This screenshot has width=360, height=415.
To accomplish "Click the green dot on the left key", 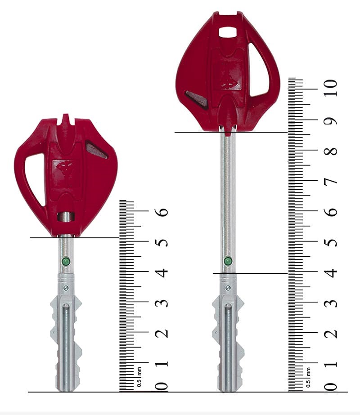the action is (x=66, y=262).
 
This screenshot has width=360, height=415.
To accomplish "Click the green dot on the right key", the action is (x=228, y=261).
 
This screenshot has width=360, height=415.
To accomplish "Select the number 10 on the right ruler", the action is (x=331, y=88).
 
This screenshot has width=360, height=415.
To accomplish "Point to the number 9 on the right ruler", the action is (x=331, y=120).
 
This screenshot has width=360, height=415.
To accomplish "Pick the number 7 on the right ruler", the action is (x=331, y=181).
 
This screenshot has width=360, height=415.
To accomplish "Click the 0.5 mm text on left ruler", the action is (x=139, y=377).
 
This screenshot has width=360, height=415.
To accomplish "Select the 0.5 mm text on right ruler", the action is (x=308, y=377).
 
